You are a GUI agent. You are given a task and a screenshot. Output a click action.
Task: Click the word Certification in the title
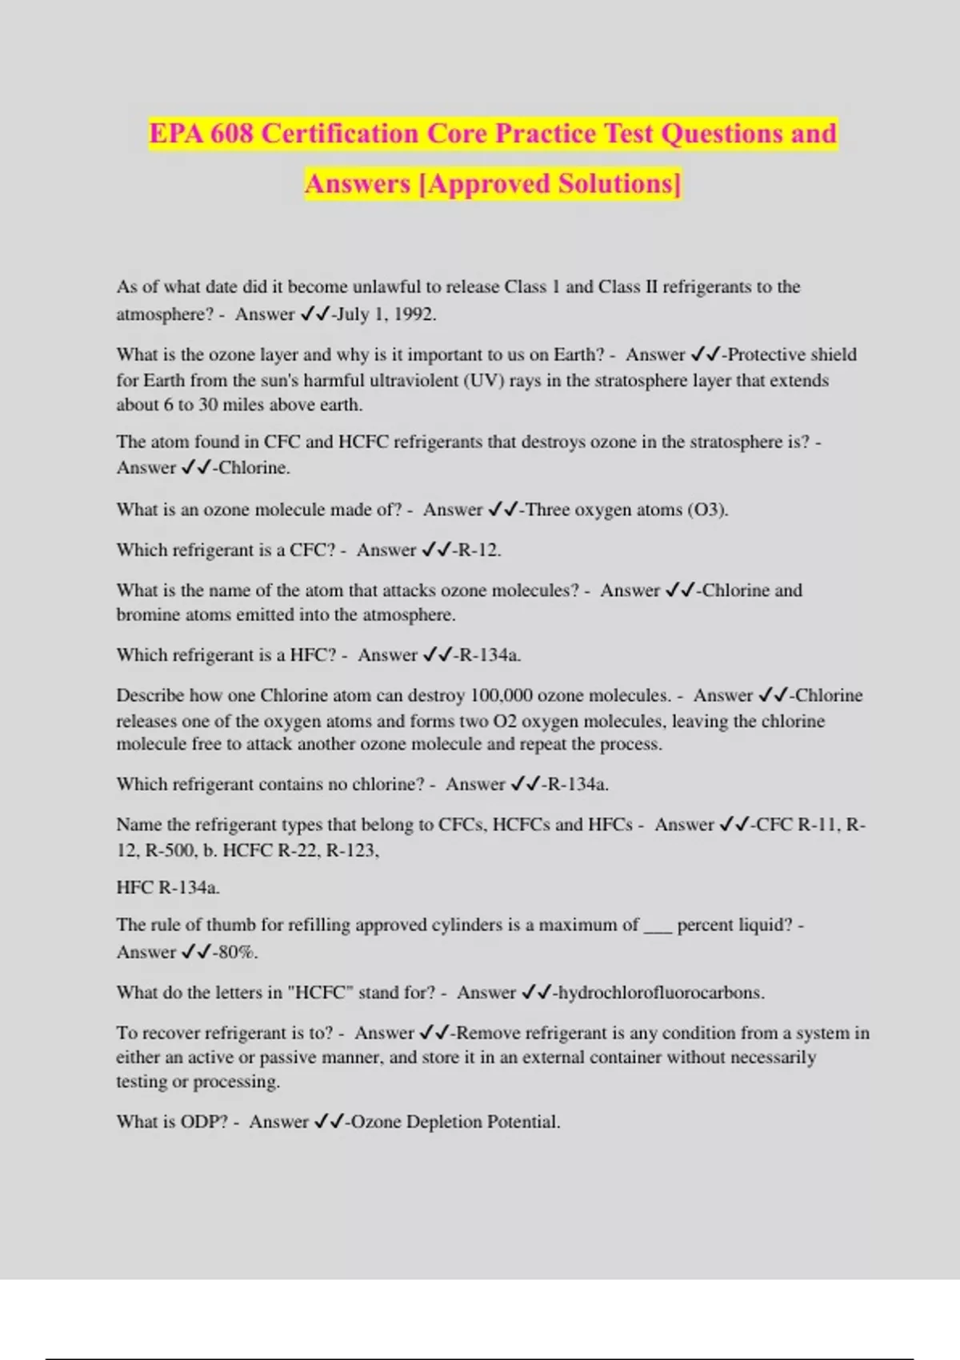(338, 134)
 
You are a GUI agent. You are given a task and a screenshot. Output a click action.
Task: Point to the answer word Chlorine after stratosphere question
(253, 468)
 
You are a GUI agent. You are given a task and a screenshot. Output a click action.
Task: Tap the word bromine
(149, 615)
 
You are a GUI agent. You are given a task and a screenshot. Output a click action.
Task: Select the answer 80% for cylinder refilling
(238, 953)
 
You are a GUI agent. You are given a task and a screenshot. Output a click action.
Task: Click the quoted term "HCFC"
(324, 993)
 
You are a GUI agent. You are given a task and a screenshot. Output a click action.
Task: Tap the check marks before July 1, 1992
(315, 314)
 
